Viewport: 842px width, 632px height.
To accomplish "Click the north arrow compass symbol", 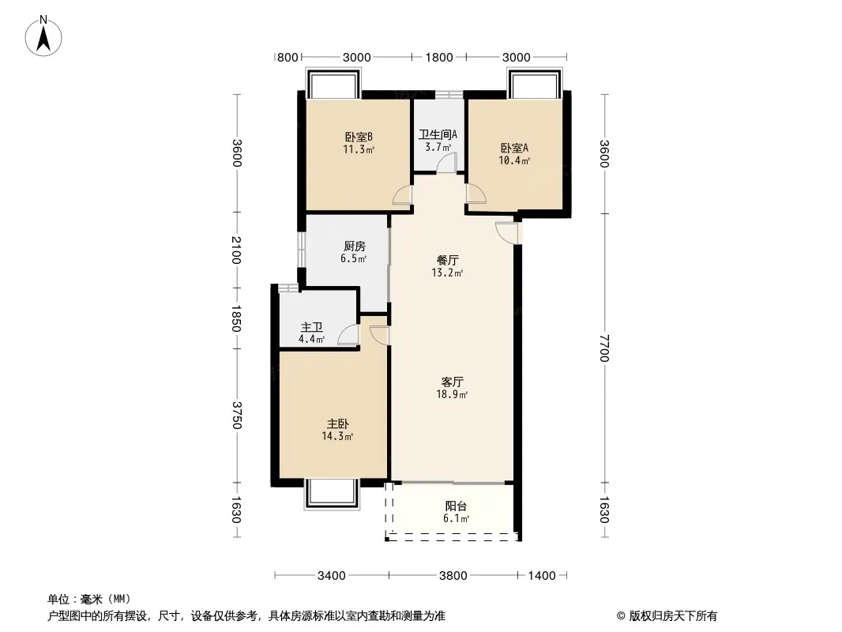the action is tap(43, 36).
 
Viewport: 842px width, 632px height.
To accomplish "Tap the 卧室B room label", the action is tap(359, 137).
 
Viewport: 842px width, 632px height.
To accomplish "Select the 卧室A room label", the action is tap(514, 148).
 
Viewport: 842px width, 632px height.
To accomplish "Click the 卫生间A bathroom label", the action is tap(438, 134).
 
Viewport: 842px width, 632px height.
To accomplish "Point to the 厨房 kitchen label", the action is tap(355, 246).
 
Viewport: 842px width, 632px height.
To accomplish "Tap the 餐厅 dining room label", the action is tap(448, 261).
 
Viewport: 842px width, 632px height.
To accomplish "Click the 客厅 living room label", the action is tap(452, 382).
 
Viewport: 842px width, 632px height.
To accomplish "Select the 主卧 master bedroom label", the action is tap(338, 424).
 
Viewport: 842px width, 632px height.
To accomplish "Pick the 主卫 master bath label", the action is tap(311, 327).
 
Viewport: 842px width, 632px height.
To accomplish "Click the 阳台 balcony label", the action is tap(456, 506).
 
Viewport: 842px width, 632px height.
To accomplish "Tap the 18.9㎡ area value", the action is tap(452, 395).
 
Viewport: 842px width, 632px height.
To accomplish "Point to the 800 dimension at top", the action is tap(288, 57).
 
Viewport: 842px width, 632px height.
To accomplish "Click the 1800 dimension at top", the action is tap(439, 57).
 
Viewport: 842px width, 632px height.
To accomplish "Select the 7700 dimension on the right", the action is tap(605, 348).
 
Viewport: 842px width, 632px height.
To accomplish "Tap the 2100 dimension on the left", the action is tap(236, 250).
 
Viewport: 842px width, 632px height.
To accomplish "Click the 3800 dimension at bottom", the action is tap(453, 576).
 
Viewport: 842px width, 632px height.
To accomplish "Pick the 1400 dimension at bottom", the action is tap(542, 576).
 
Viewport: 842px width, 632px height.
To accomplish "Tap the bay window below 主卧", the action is tap(331, 494).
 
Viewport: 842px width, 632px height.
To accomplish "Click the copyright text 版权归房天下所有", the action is tap(673, 616).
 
